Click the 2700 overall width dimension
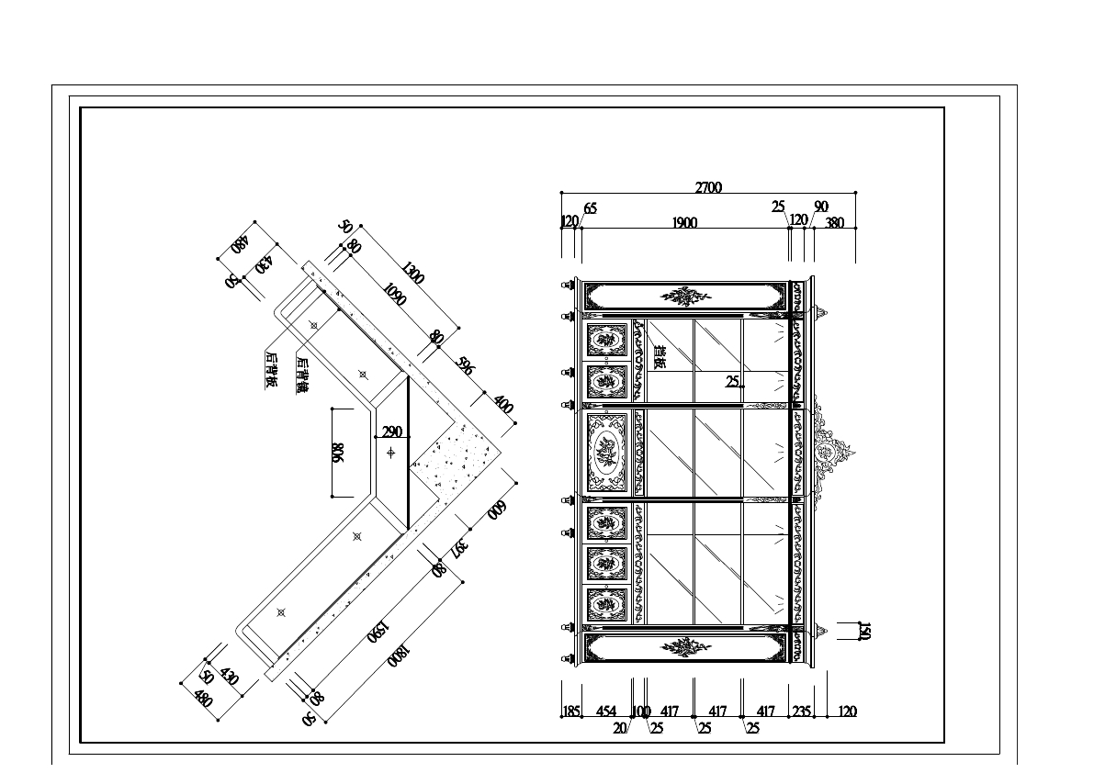[x=708, y=187]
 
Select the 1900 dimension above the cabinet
[x=684, y=222]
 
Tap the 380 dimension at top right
[x=834, y=222]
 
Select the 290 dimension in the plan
[x=392, y=431]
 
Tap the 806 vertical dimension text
[x=337, y=454]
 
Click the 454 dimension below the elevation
[x=606, y=711]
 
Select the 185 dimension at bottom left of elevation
[x=570, y=711]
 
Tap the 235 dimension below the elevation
[x=801, y=711]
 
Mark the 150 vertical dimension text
[x=863, y=631]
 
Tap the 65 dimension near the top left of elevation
[x=590, y=208]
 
